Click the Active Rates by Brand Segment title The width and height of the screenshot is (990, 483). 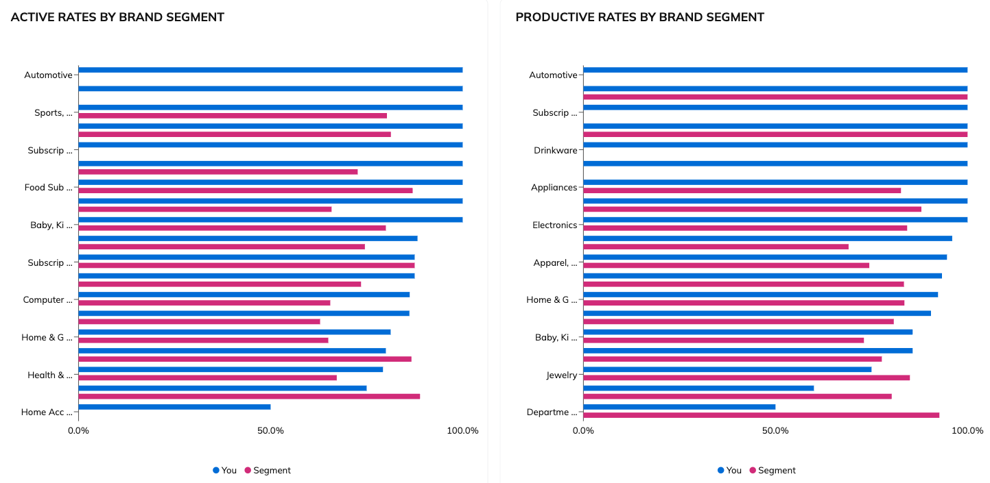pos(117,17)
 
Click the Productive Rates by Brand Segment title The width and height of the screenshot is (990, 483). pos(639,17)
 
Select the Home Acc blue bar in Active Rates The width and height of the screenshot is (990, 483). pos(174,406)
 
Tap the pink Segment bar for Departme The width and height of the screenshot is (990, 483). pos(761,415)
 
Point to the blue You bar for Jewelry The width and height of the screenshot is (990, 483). pos(727,369)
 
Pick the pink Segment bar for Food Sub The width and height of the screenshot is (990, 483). pos(246,190)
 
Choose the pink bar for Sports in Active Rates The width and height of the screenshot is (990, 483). pos(233,116)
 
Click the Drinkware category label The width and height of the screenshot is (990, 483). pos(555,150)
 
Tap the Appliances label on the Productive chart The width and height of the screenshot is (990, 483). pos(554,188)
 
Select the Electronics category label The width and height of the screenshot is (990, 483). pos(554,225)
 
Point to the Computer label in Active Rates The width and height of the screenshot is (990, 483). pos(47,300)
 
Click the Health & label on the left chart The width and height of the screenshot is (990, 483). pos(49,375)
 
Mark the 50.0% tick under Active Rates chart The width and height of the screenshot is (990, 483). pos(270,431)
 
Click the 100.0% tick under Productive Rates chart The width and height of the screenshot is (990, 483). pos(967,431)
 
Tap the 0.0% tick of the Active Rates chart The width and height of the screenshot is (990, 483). pos(78,431)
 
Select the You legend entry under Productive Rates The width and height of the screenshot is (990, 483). pos(729,471)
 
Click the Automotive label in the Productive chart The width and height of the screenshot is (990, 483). pos(553,75)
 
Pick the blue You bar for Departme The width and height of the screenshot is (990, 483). pos(679,406)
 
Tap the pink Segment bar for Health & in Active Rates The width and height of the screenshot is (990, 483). pos(207,377)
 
